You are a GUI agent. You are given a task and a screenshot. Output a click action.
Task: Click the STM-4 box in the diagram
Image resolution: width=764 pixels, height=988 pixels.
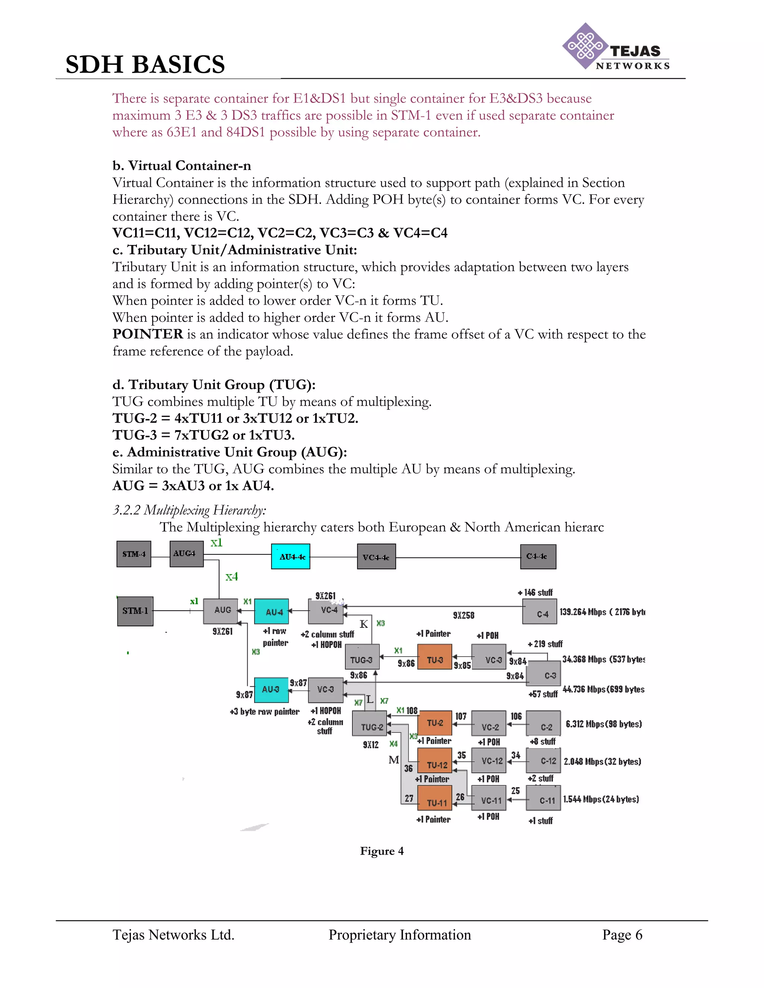coord(134,554)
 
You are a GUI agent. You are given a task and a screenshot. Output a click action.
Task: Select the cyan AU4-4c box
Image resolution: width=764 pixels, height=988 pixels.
coord(291,556)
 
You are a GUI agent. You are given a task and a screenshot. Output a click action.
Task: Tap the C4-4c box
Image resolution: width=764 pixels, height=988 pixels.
coord(538,556)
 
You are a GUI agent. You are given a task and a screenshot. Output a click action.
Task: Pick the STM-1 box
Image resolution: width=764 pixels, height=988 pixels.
coord(135,611)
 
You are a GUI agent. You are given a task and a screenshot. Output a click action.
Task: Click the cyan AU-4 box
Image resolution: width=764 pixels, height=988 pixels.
coord(272,611)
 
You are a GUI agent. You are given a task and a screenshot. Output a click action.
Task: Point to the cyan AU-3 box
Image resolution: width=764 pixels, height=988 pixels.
coord(271,689)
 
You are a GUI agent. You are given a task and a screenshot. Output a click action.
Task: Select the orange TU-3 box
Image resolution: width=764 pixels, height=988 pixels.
coord(435,660)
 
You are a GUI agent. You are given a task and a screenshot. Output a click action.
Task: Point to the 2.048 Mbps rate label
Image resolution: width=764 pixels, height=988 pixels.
coord(602,762)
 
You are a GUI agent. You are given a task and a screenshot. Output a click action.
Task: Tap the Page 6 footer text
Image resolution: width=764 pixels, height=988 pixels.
coord(622,935)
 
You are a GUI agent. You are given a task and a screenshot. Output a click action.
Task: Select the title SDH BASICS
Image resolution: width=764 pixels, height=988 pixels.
coord(145,64)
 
